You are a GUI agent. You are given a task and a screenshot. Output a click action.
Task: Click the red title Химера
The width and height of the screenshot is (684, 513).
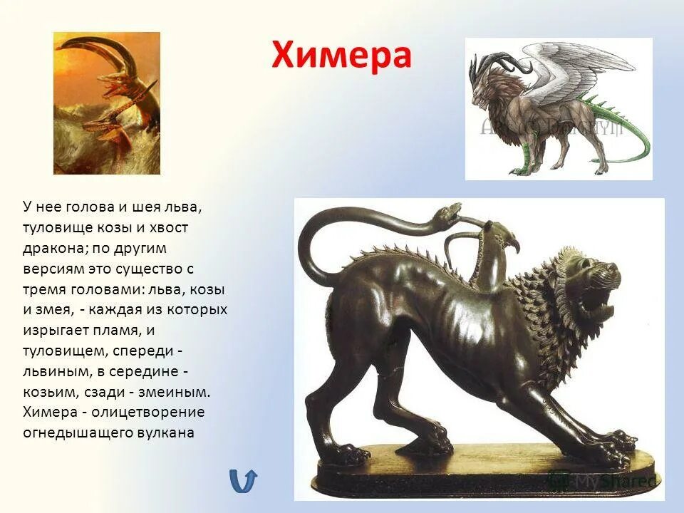tap(341, 54)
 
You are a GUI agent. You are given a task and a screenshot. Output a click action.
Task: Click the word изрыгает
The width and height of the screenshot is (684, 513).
tap(53, 331)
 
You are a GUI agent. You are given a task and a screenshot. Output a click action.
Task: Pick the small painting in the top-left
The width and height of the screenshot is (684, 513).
tap(106, 103)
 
